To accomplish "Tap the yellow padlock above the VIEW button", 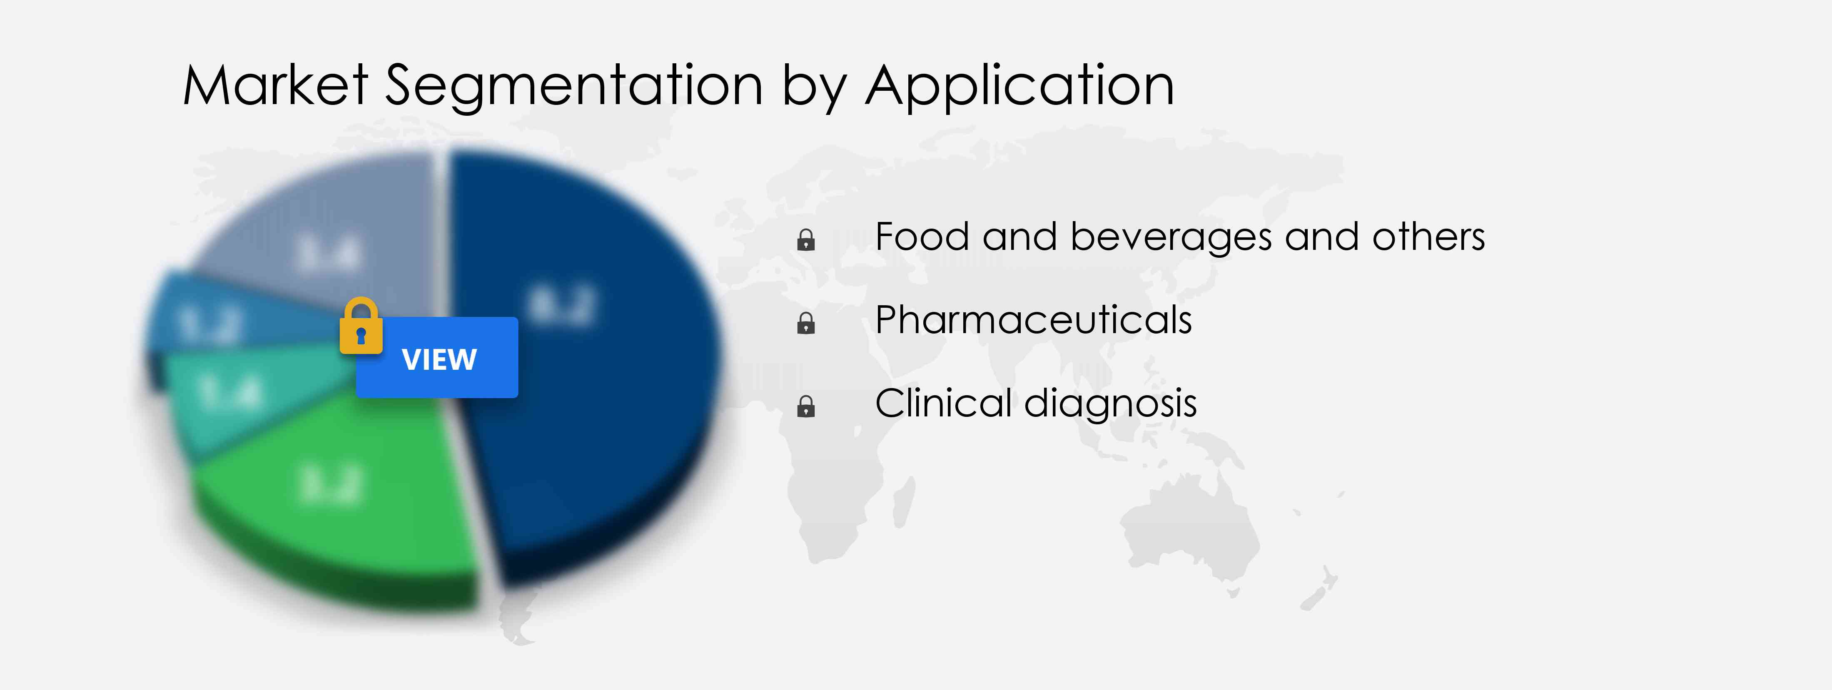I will click(x=361, y=326).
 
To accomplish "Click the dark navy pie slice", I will click(x=583, y=356).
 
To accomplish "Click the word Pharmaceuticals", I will click(x=1033, y=320).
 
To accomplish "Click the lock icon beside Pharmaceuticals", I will click(x=806, y=324).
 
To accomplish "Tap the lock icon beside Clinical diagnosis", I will click(x=806, y=407).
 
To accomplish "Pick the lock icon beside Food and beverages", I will click(x=806, y=240).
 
